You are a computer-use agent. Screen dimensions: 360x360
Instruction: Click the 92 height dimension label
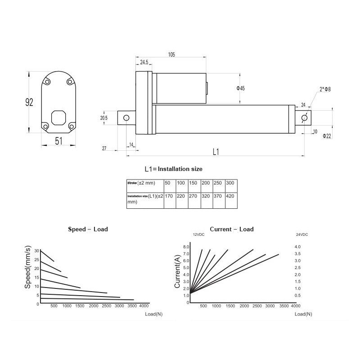[x=29, y=103]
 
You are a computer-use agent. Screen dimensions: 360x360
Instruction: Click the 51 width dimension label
[x=58, y=141]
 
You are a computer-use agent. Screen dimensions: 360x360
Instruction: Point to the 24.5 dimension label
[x=144, y=63]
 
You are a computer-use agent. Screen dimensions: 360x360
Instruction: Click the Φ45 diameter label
[x=240, y=88]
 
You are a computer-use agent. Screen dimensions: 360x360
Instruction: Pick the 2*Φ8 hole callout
[x=325, y=90]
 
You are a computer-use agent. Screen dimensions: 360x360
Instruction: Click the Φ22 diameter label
[x=327, y=136]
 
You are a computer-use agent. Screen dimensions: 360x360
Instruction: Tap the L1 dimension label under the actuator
[x=215, y=152]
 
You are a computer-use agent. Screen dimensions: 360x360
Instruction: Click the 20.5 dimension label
[x=103, y=118]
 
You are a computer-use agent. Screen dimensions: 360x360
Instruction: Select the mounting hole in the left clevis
[x=126, y=118]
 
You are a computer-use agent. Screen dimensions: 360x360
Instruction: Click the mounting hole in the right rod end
[x=305, y=118]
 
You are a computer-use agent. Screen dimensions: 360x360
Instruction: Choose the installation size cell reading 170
[x=169, y=196]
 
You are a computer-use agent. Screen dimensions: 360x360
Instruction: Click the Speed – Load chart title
[x=88, y=229]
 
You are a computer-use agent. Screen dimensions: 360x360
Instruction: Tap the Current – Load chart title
[x=232, y=229]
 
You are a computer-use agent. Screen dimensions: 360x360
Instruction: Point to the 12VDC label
[x=198, y=235]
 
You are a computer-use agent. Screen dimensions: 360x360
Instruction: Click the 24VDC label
[x=301, y=235]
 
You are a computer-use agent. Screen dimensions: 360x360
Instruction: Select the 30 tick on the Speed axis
[x=37, y=250]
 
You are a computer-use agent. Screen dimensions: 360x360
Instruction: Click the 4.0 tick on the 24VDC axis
[x=297, y=247]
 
